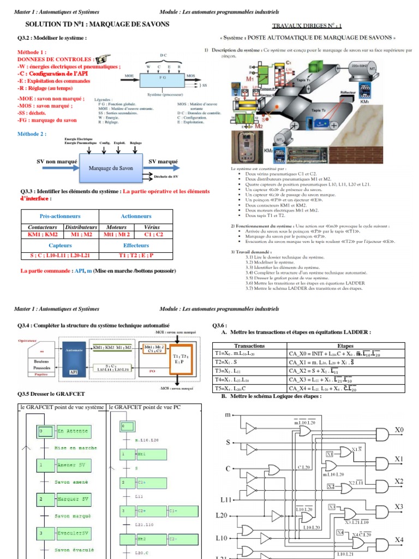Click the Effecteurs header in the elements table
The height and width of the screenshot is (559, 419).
136,246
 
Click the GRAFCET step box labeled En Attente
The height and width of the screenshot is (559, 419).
72,431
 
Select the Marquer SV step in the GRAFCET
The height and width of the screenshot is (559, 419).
71,499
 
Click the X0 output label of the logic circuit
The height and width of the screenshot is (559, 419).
399,430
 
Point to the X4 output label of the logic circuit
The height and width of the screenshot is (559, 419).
399,540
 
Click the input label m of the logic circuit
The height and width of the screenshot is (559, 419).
228,416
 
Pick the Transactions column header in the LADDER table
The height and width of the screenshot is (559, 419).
249,346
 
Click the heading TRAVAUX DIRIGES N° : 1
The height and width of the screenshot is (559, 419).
307,25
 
